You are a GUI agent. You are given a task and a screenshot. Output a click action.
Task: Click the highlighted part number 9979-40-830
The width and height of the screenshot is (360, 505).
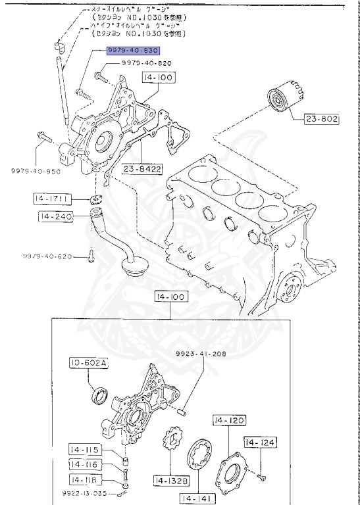point(133,50)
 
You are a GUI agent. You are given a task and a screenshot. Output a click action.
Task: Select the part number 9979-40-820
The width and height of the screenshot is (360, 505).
point(146,63)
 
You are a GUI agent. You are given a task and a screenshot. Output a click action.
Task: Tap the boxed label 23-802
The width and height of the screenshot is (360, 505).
point(321,120)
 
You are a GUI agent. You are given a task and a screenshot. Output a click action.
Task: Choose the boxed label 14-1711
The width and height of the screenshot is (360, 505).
point(52,197)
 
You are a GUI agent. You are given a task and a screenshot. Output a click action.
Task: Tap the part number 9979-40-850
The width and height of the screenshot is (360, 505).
point(34,170)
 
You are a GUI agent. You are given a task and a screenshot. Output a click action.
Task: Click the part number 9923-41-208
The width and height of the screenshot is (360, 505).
point(200,354)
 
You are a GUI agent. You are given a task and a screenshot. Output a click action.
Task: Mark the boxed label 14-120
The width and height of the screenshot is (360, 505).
point(228,420)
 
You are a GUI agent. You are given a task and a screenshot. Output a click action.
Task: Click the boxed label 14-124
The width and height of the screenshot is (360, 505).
point(261,443)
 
